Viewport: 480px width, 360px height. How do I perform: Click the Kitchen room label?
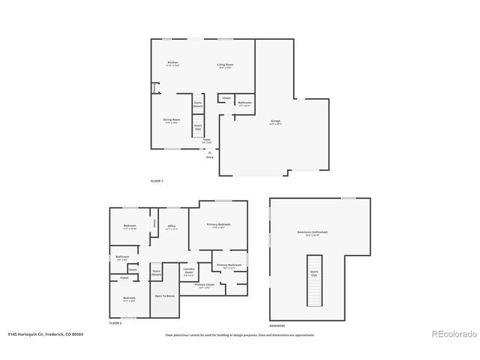pos(172,64)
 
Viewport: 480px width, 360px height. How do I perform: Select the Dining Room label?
pos(172,121)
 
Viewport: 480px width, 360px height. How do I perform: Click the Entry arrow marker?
pos(209,152)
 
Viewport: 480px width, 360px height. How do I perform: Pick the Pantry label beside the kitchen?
pos(155,88)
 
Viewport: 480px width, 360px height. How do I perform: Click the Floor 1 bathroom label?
pos(244,103)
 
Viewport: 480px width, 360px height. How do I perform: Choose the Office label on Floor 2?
pos(171,228)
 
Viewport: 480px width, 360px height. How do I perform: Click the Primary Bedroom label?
pos(220,225)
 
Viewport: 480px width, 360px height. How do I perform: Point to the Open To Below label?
pos(165,296)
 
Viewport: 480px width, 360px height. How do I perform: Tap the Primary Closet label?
pos(205,286)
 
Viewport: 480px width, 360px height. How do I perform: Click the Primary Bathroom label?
pos(229,265)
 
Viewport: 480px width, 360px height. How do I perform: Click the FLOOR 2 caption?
pos(115,322)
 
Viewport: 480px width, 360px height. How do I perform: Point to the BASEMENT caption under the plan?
pos(277,326)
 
